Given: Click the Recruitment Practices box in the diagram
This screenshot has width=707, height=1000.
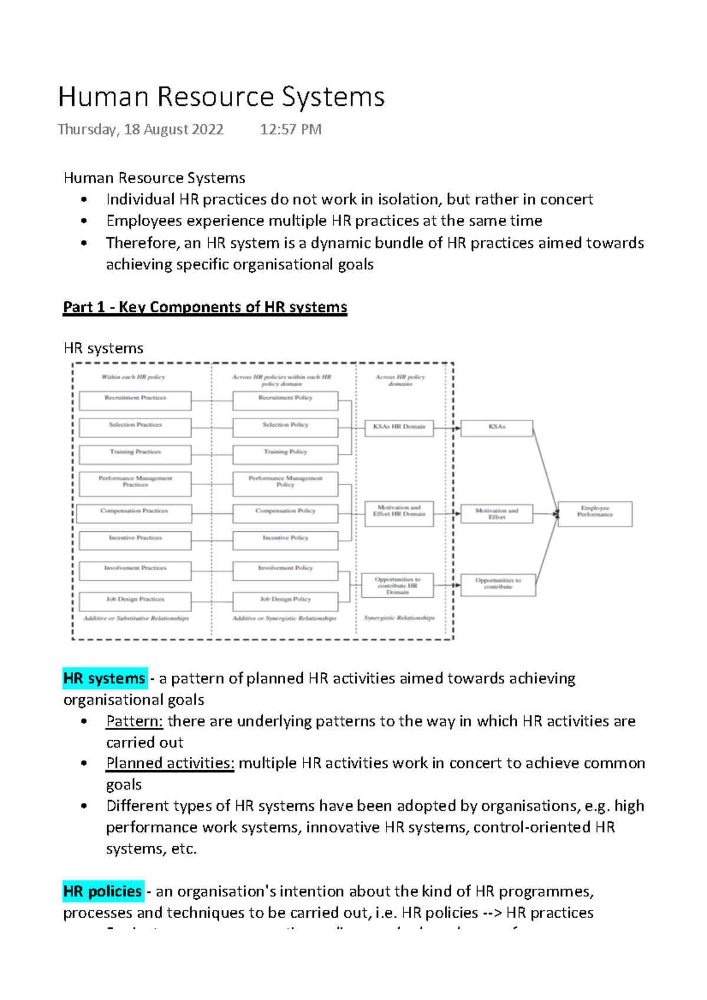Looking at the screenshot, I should [x=135, y=400].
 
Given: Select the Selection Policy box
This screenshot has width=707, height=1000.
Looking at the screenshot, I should [x=285, y=428].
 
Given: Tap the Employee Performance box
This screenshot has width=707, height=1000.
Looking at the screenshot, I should [x=594, y=514].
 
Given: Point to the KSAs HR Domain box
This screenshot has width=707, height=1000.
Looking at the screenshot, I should [x=399, y=428].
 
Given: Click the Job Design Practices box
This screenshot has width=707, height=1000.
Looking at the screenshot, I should [x=135, y=601].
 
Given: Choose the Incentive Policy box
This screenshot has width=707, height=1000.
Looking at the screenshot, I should [x=285, y=540].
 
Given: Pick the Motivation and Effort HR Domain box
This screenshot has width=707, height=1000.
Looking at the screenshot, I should [x=399, y=513].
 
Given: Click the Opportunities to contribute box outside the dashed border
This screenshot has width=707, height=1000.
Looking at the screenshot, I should [x=498, y=585].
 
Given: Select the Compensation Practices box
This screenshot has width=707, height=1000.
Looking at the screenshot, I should [x=134, y=513].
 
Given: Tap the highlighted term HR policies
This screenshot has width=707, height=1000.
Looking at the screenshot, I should [x=103, y=891].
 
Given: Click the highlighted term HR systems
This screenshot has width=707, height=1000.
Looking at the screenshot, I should [x=104, y=678].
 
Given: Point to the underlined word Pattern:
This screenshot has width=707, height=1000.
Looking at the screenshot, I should [x=134, y=721].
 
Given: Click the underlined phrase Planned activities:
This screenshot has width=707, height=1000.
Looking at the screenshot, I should [x=170, y=763].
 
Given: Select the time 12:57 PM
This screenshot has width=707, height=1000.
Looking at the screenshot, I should [x=290, y=130].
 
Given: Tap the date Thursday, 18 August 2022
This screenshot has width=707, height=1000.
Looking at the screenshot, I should [x=140, y=130].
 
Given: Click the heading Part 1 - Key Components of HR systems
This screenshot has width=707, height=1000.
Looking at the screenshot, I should [x=205, y=307].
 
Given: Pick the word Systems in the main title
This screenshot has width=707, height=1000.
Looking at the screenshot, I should [x=333, y=97].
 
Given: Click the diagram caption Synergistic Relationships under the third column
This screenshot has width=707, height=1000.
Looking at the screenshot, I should [x=399, y=618].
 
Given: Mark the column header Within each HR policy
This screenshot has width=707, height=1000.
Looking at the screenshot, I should [x=133, y=377].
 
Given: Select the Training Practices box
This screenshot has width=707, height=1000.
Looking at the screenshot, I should [x=135, y=454].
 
